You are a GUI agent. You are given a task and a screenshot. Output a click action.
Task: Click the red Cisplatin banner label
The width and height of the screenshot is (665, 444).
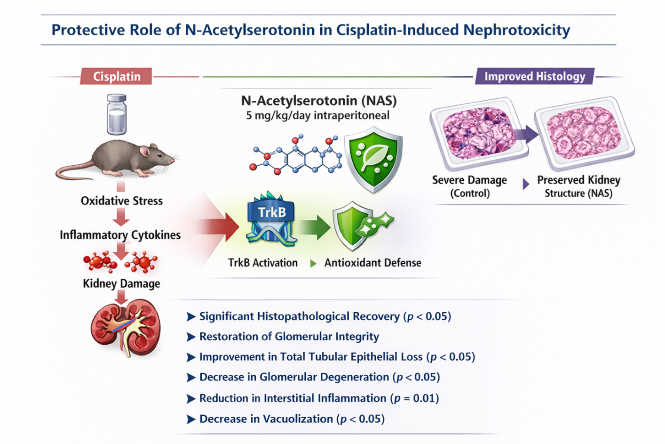coord(116,76)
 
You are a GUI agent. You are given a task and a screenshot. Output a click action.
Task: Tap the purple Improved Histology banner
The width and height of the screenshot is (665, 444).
coord(535,76)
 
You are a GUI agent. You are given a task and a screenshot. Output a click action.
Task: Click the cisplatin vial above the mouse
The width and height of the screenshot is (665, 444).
coord(116,114)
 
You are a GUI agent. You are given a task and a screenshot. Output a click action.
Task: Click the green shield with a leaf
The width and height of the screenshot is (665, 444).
coord(373,159)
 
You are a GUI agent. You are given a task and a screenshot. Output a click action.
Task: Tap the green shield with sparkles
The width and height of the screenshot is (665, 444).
coord(357,226)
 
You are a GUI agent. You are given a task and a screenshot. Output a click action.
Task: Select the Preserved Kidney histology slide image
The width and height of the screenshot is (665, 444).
coord(585,132)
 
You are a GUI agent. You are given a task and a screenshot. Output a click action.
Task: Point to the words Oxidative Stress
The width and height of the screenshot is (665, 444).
coord(121,201)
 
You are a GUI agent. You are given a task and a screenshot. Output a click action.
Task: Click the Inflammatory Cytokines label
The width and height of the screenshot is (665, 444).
coord(120,235)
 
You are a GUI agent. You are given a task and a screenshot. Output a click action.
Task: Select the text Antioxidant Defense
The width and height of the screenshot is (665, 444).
coord(372,263)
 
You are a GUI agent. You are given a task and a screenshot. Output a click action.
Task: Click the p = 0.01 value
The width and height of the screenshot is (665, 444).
coord(414,398)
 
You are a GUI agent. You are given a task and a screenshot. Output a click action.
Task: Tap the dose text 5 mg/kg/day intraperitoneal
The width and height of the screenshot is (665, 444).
coord(317,115)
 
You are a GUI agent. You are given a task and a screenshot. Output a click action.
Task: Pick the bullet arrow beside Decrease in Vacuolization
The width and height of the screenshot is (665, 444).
coord(191,420)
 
